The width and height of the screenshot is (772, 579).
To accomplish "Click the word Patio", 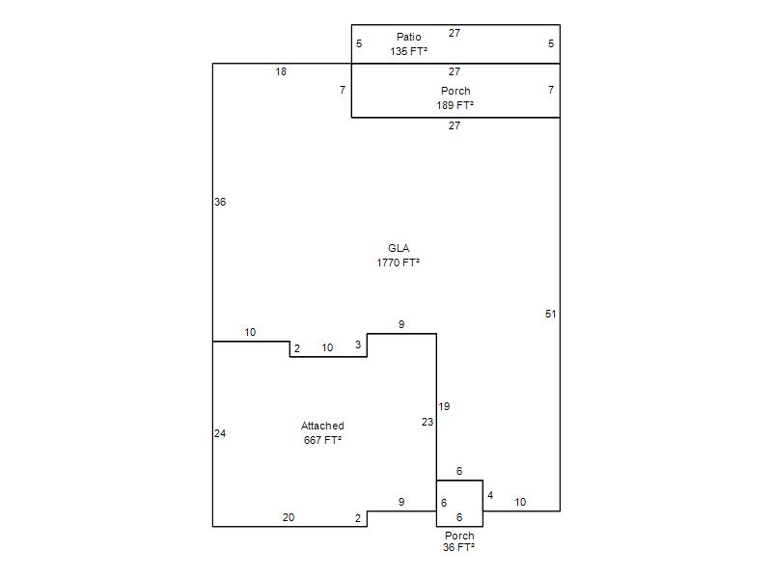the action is point(408,37).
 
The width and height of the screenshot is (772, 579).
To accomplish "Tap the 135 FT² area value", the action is point(408,51).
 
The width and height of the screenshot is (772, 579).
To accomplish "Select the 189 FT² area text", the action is point(455,105).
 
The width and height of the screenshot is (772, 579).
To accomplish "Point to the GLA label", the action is point(399,248).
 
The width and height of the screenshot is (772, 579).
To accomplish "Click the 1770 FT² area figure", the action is point(398,262).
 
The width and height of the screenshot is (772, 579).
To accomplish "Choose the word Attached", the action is point(322,426).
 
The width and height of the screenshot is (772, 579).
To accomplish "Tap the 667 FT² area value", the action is point(322,440).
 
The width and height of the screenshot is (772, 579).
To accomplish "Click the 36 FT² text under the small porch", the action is point(458,547).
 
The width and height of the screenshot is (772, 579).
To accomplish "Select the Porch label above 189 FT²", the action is point(455,91).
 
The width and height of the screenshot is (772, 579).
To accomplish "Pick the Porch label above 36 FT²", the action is point(459,536).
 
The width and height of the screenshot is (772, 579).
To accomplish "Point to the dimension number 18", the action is point(281,71).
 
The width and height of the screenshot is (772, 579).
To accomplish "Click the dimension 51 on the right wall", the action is point(550,315).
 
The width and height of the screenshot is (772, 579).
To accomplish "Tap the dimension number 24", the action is point(220,433).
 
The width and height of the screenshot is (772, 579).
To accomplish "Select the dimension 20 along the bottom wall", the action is point(289,517).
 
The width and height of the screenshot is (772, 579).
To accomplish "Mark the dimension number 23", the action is point(427,422).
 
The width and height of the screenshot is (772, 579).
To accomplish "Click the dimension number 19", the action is point(444,406).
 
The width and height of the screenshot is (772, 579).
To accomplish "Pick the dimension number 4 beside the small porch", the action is point(490,495).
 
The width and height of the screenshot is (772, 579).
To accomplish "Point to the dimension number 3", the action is point(358,345).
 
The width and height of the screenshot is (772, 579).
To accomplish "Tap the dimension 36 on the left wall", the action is point(220,202).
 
